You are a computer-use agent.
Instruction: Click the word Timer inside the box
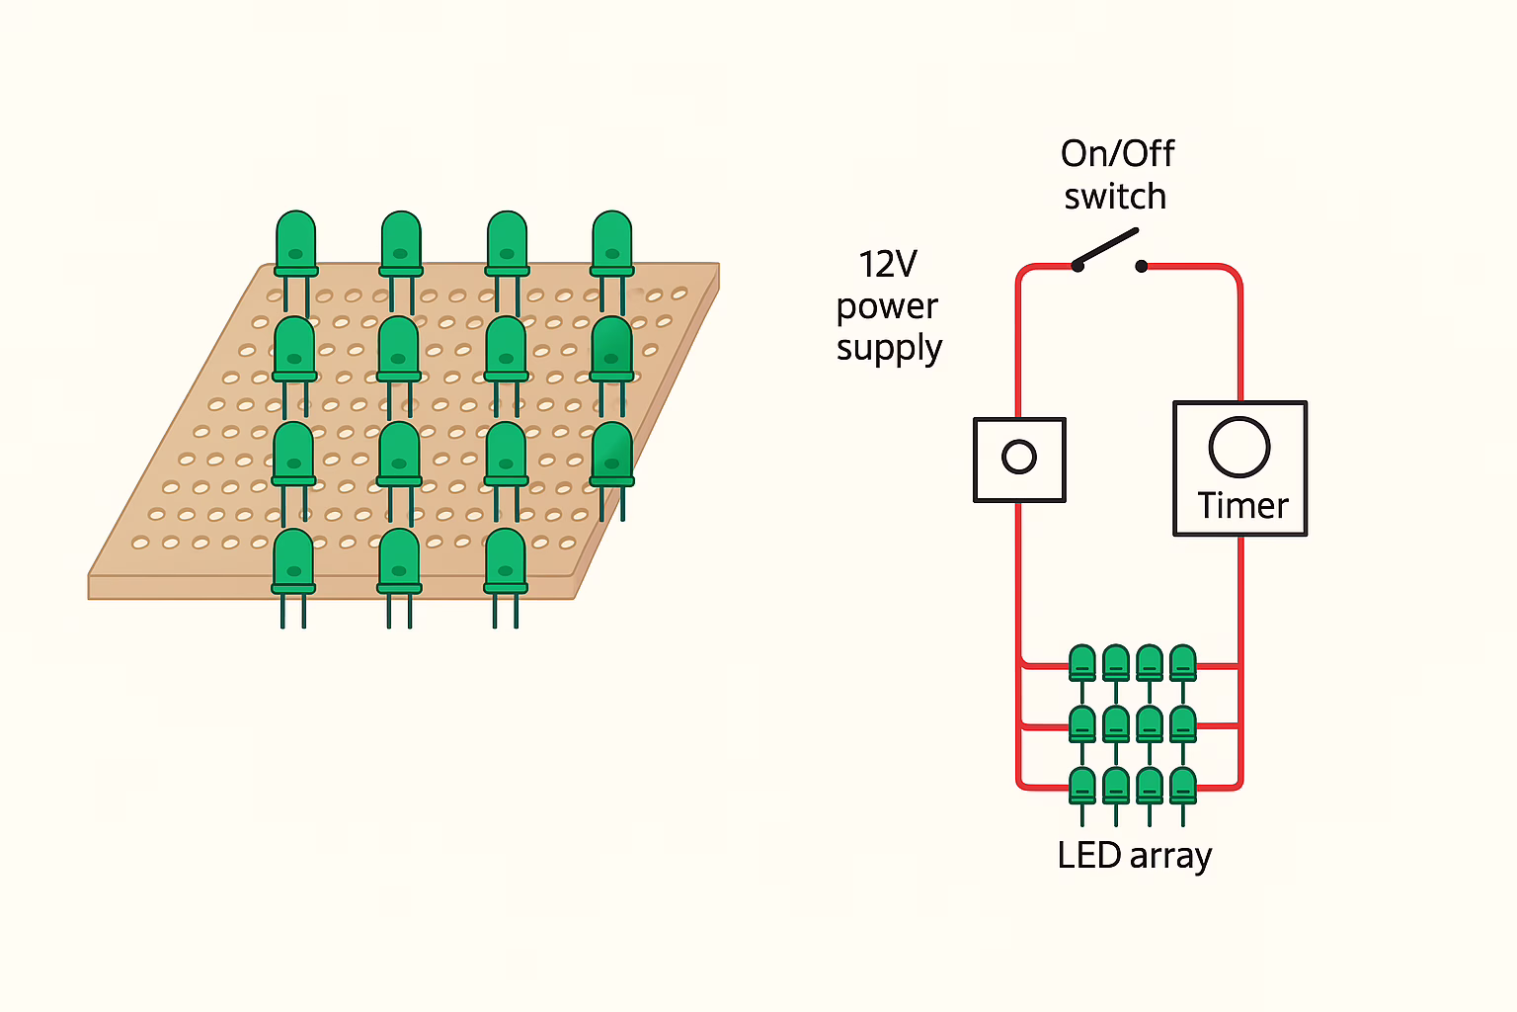[x=1242, y=506]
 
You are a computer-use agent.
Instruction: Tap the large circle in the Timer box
[x=1239, y=448]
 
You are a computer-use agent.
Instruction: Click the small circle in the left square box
[x=1018, y=457]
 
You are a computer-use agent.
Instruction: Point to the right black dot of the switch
[x=1142, y=266]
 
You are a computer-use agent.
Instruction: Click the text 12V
[x=887, y=265]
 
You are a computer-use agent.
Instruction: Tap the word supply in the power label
[x=889, y=349]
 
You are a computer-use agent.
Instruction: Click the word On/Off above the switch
[x=1117, y=154]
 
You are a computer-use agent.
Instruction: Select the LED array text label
[x=1134, y=856]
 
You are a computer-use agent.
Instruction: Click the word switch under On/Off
[x=1115, y=197]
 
